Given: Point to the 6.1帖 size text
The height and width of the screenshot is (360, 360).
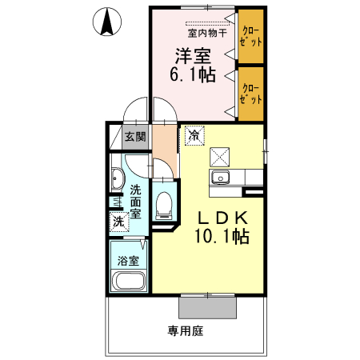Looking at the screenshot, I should click(x=193, y=74).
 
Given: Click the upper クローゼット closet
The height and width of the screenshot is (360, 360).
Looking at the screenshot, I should click(x=250, y=35).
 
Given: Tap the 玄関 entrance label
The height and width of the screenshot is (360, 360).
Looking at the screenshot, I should click(x=135, y=137).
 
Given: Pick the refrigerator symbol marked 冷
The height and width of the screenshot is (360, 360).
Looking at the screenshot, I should click(x=194, y=135).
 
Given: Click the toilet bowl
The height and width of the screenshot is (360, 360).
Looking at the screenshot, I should click(x=164, y=206).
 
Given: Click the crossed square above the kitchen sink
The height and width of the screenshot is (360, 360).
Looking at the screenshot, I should click(x=220, y=156).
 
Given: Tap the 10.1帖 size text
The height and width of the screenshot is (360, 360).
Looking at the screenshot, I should click(x=220, y=237).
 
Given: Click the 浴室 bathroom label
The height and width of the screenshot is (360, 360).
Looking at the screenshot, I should click(x=129, y=261).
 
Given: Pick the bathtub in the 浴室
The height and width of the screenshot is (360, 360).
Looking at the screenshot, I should click(x=129, y=282).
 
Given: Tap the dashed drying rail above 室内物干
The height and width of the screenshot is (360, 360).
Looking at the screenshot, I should click(x=206, y=24).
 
